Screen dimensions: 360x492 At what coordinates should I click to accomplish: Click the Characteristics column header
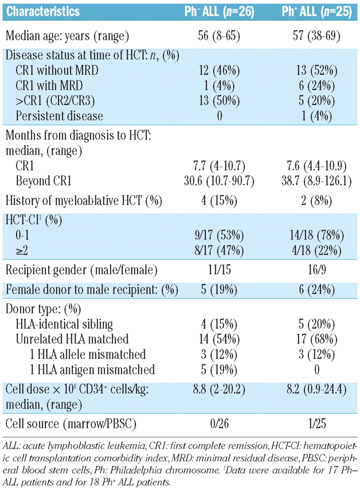(x=43, y=11)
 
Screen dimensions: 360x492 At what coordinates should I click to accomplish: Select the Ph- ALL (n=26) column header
(x=219, y=11)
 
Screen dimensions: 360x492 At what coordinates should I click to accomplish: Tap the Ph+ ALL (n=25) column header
(x=317, y=11)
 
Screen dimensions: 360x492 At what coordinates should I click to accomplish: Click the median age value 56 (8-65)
(x=219, y=36)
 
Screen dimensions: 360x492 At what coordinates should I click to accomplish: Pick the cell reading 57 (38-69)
(x=316, y=36)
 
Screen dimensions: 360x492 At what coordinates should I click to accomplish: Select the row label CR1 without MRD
(x=57, y=71)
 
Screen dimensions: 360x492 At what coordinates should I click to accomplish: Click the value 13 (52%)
(x=316, y=71)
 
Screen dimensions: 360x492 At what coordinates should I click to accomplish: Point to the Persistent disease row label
(x=59, y=116)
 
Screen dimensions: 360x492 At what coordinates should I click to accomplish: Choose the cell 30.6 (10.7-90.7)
(x=219, y=182)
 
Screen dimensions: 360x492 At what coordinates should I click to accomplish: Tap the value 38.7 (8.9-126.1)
(x=316, y=182)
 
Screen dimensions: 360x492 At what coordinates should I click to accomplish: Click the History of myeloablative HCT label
(x=84, y=201)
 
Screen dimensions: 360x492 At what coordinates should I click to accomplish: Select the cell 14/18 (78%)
(x=316, y=236)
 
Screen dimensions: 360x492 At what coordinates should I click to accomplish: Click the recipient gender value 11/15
(x=219, y=270)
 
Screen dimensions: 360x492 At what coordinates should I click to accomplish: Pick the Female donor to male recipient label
(x=92, y=290)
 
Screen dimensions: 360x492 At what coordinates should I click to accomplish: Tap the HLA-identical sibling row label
(x=64, y=324)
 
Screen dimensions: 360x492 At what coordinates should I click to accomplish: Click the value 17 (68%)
(x=316, y=339)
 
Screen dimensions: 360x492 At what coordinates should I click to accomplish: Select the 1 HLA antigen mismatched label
(x=92, y=370)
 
